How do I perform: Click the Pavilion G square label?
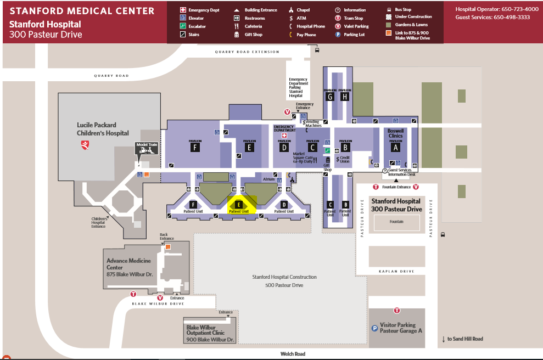pos(330,97)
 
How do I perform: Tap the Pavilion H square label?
pos(345,97)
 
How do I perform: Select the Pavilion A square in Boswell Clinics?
pos(395,147)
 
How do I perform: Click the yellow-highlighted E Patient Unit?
pos(239,206)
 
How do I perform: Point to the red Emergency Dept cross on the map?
pos(284,136)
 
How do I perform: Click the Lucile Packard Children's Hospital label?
pos(103,129)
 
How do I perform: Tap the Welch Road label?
pos(292,354)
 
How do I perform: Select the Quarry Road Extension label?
pos(247,52)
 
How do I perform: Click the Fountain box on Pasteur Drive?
pos(396,222)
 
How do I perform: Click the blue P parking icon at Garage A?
pos(375,328)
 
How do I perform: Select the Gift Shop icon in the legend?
pos(237,35)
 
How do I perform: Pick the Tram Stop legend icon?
pos(338,18)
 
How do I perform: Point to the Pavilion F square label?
pos(195,147)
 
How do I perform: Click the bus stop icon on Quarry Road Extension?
pos(317,50)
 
